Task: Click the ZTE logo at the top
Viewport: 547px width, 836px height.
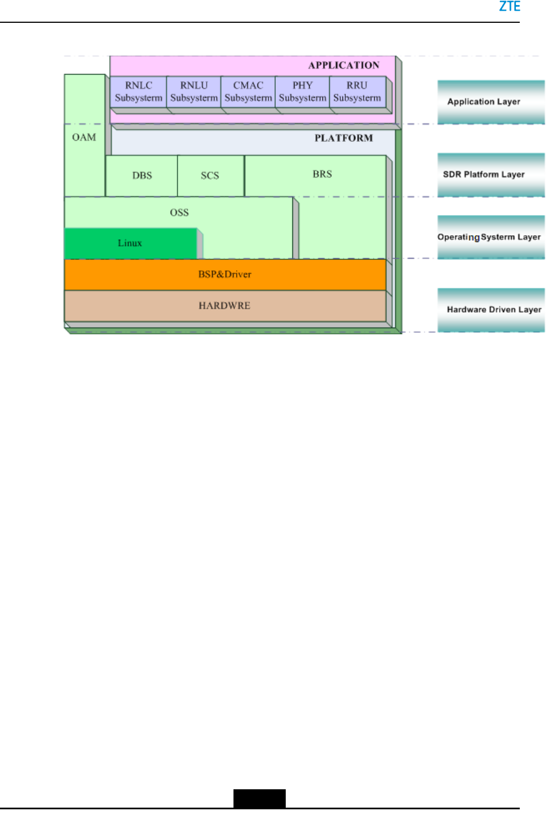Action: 509,7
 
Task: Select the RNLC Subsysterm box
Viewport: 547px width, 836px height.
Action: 138,92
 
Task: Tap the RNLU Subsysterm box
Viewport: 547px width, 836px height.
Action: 193,92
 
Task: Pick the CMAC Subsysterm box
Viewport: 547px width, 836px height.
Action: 248,92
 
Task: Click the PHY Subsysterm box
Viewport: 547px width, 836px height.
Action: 302,92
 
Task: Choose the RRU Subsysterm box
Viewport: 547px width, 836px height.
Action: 357,92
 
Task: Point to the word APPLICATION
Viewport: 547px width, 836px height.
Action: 344,65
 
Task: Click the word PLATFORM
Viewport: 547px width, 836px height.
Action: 344,138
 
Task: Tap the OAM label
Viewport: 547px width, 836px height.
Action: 84,137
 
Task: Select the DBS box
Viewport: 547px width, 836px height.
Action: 142,176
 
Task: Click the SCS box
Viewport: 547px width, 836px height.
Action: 210,176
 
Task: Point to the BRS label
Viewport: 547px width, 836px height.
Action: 322,174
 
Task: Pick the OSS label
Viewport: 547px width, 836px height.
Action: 179,212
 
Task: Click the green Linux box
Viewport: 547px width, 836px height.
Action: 130,243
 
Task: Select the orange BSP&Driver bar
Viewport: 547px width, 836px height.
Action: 225,274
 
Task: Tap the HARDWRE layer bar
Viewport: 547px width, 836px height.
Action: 225,305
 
